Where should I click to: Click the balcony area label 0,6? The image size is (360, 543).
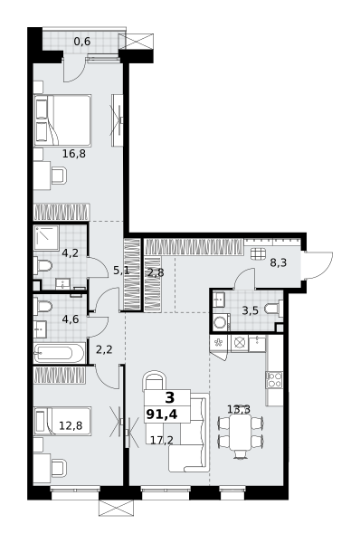(82, 42)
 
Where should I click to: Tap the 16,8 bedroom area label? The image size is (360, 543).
(74, 154)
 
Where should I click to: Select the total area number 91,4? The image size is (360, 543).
(162, 414)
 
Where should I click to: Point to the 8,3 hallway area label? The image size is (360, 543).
(279, 262)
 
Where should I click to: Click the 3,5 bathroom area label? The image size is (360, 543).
(251, 310)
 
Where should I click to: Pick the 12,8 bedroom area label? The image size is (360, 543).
(71, 425)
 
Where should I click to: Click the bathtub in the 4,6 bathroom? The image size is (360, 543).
(59, 353)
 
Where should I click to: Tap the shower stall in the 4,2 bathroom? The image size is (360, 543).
(46, 237)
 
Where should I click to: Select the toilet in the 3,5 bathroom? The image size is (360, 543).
(273, 309)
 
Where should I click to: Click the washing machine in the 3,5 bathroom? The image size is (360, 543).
(220, 322)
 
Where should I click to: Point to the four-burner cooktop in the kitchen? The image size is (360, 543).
(274, 379)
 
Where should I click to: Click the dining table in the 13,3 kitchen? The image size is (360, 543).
(241, 433)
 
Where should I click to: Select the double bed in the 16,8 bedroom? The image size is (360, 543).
(62, 120)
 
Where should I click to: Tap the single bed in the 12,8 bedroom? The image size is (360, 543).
(62, 421)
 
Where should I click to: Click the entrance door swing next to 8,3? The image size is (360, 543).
(317, 265)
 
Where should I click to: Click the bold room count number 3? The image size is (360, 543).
(170, 398)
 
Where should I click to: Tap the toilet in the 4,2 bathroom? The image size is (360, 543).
(43, 266)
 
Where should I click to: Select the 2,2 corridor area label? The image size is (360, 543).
(104, 349)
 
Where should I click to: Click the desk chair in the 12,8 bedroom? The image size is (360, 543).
(59, 468)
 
